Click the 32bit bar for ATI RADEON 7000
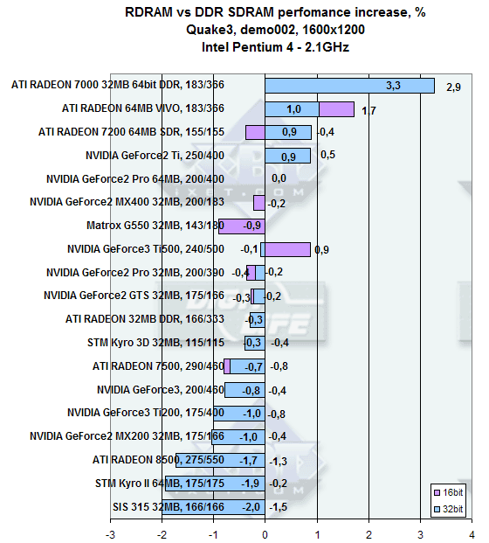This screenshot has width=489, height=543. (x=349, y=86)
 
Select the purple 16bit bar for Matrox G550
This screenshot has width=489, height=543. (x=242, y=226)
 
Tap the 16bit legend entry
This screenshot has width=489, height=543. (x=448, y=492)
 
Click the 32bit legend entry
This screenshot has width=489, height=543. (x=448, y=509)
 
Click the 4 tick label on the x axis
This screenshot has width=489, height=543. (x=472, y=534)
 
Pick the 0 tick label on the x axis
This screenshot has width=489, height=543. (x=265, y=534)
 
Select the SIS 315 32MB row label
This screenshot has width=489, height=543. (x=169, y=507)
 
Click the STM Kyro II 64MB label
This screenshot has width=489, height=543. (x=160, y=483)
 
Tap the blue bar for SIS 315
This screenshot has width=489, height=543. (x=213, y=507)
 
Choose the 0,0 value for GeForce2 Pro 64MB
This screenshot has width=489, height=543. (x=279, y=178)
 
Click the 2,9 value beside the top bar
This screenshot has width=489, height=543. (x=453, y=87)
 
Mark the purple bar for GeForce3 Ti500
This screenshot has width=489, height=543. (x=288, y=250)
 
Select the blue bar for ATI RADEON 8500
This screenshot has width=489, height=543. (x=221, y=460)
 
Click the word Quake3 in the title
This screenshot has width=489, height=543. (x=210, y=30)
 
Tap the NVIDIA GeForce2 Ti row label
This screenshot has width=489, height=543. (x=155, y=155)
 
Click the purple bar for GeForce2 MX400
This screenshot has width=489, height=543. (x=259, y=203)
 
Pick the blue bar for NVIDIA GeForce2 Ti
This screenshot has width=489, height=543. (x=288, y=156)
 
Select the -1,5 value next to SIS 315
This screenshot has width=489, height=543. (x=279, y=507)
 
